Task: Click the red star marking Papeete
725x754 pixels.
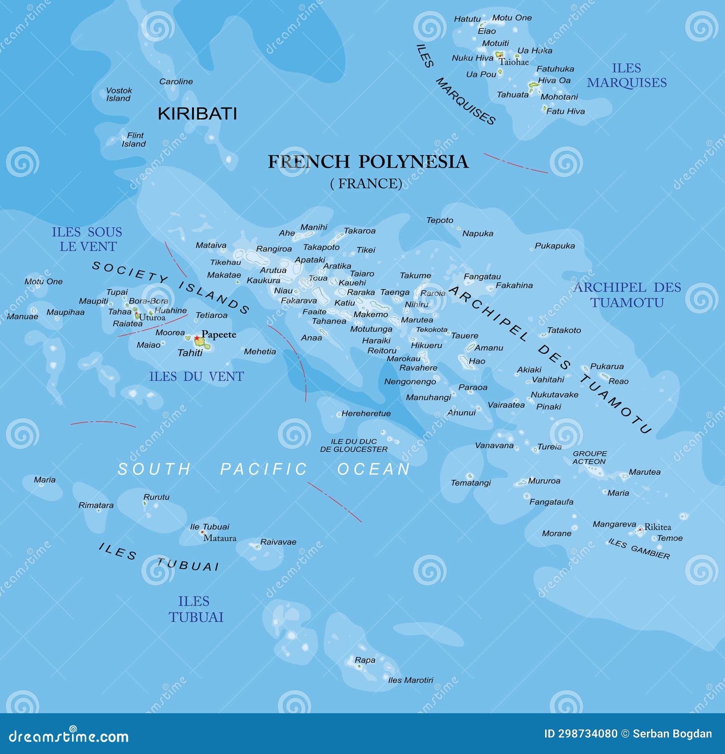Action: click(x=197, y=338)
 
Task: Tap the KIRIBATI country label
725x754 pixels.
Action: click(x=197, y=114)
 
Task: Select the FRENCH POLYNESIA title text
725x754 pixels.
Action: click(x=367, y=162)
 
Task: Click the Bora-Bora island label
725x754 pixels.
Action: click(x=148, y=301)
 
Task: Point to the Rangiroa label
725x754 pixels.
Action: click(x=274, y=249)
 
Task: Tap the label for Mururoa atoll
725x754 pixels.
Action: click(x=544, y=481)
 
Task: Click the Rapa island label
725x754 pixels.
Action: click(x=365, y=660)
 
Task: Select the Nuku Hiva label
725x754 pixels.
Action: click(x=472, y=58)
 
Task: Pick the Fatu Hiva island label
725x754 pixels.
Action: click(x=565, y=111)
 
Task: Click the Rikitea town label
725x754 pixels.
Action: click(x=657, y=527)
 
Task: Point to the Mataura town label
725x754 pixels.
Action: click(x=220, y=538)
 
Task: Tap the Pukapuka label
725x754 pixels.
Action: click(x=555, y=246)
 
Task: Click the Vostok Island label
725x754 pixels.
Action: click(x=119, y=94)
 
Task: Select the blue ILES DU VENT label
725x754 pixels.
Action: click(x=196, y=377)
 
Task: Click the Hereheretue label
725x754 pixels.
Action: click(x=366, y=413)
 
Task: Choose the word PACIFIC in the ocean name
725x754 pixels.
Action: click(x=264, y=469)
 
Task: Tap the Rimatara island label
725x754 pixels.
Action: click(x=96, y=505)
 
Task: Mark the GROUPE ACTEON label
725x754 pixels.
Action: click(x=589, y=457)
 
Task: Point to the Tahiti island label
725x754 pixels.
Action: click(x=190, y=353)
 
